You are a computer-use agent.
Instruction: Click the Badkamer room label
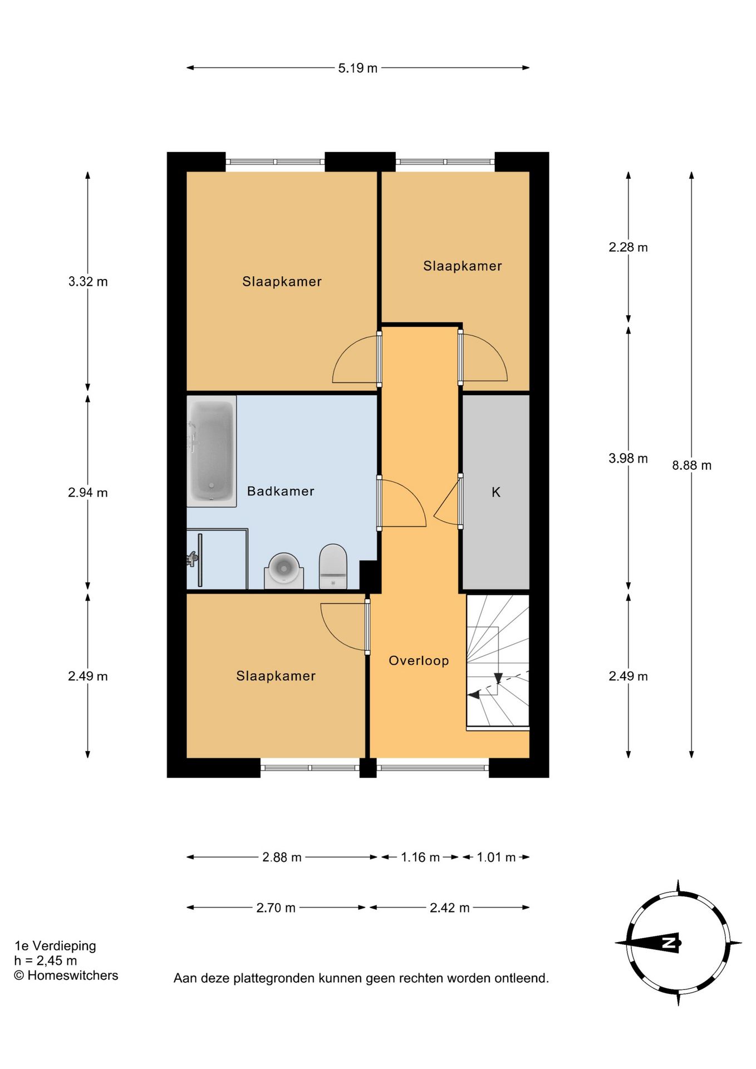[x=281, y=491]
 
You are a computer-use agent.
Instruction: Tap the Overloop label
[x=419, y=660]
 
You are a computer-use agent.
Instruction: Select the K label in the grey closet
[x=496, y=492]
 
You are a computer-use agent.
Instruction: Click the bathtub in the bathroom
[x=212, y=451]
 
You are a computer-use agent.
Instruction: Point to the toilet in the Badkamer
[x=333, y=566]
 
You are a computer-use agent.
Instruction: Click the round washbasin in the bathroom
[x=284, y=569]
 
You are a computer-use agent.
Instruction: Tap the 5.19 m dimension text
[x=357, y=68]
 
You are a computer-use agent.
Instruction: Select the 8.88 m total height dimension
[x=691, y=465]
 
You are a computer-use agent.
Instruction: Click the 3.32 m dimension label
[x=88, y=282]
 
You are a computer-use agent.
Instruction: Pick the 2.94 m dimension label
[x=88, y=493]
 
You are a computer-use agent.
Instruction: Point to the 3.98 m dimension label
[x=628, y=458]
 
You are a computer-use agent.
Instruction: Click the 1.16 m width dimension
[x=420, y=857]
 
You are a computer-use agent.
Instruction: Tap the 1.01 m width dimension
[x=496, y=857]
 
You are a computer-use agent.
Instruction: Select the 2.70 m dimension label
[x=276, y=908]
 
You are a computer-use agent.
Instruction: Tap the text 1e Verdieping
[x=55, y=945]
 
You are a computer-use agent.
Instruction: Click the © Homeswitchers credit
[x=66, y=975]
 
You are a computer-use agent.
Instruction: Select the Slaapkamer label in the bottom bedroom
[x=276, y=676]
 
